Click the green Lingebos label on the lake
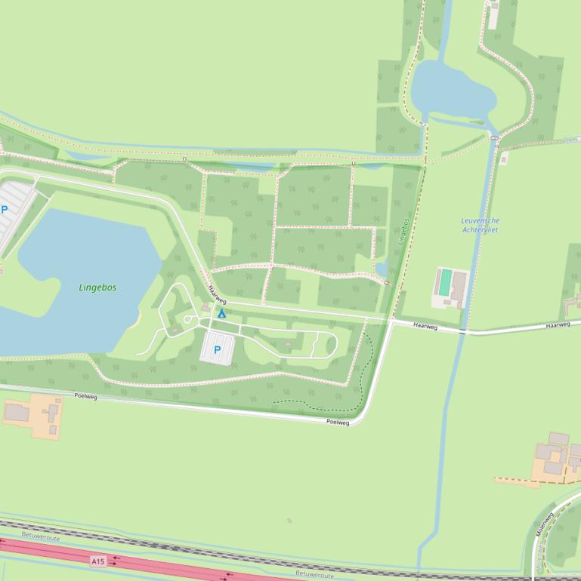(x=97, y=287)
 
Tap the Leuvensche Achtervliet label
(x=480, y=225)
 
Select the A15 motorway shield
(x=97, y=561)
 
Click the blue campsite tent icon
(x=222, y=313)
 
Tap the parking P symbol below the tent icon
(x=218, y=349)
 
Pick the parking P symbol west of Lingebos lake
(x=5, y=210)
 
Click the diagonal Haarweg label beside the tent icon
(x=217, y=295)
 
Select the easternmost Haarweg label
(x=558, y=324)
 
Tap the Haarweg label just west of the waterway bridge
(x=425, y=325)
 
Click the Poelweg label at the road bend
(x=338, y=422)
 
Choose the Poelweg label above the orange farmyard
(x=86, y=395)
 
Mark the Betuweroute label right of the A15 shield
(x=314, y=574)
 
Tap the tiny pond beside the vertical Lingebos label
(x=381, y=269)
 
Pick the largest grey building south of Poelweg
(x=16, y=412)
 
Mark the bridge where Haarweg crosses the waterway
(x=462, y=330)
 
